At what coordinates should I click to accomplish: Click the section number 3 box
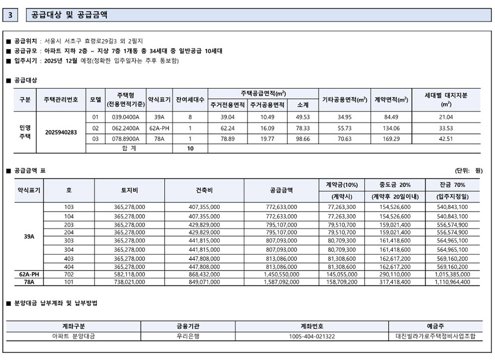click(11, 15)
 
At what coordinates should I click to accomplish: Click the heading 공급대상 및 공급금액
click(69, 15)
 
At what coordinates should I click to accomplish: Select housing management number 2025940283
click(61, 132)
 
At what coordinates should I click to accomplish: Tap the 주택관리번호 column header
click(61, 99)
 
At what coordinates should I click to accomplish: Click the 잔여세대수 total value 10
click(190, 148)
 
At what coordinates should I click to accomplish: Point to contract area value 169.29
click(391, 138)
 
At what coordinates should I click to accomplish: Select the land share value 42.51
click(446, 138)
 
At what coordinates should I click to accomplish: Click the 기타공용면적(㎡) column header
click(344, 99)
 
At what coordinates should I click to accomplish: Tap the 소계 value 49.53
click(303, 117)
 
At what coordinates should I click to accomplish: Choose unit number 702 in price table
click(69, 275)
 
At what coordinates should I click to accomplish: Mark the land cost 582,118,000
click(129, 275)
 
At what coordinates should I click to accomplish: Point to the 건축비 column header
click(204, 190)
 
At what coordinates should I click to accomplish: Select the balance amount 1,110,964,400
click(452, 282)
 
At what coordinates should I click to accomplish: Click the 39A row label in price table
click(29, 236)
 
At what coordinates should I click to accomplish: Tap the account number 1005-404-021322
click(312, 336)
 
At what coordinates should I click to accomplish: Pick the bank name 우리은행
click(188, 336)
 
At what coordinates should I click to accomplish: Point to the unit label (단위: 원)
click(468, 170)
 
